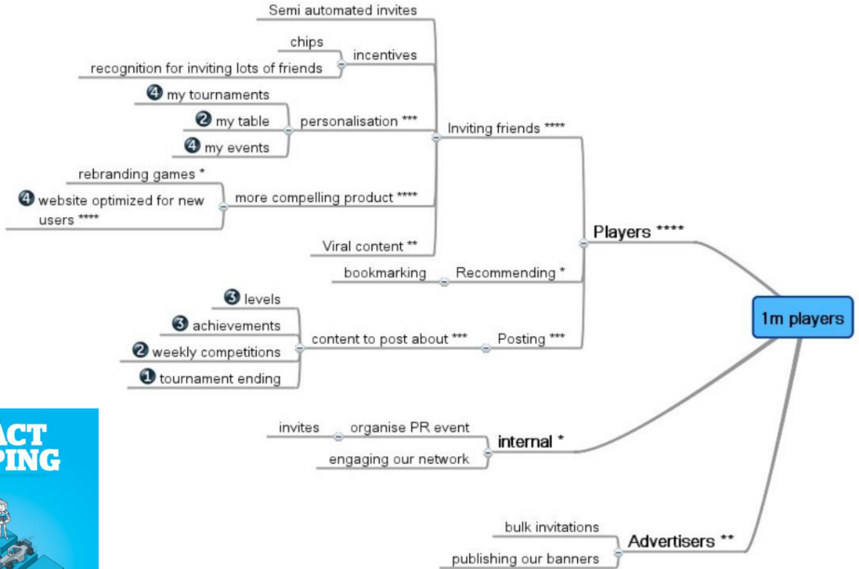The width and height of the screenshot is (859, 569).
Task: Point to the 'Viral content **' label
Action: coord(370,246)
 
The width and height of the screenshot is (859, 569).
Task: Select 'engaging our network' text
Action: coord(400,459)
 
